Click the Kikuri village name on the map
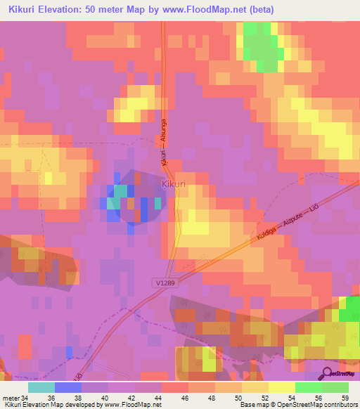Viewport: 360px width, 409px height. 174,184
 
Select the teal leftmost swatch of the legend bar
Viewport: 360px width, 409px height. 41,387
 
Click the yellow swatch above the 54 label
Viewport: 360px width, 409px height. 281,387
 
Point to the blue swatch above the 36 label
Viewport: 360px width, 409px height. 67,387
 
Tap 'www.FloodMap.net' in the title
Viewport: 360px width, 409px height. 212,10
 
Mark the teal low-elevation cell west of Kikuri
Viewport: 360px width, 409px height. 120,191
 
